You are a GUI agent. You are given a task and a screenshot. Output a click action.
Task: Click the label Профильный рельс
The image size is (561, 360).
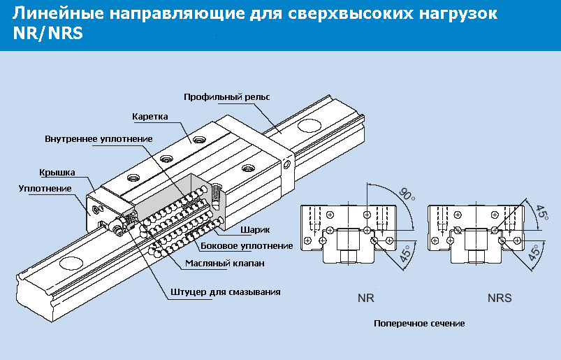226,97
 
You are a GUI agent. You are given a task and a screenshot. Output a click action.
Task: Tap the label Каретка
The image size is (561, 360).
150,116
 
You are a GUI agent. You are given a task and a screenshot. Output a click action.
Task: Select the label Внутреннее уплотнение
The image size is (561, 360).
99,138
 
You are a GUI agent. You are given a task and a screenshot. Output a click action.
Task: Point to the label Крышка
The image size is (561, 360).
57,173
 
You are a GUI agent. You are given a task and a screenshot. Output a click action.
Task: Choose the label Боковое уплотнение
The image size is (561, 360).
246,246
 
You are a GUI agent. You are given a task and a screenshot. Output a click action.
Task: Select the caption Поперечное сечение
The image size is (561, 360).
419,324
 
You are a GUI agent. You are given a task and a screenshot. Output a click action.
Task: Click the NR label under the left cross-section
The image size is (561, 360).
365,298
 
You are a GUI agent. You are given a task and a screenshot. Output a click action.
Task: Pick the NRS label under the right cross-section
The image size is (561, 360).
500,298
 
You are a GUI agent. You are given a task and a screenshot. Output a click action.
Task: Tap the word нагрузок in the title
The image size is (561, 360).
460,14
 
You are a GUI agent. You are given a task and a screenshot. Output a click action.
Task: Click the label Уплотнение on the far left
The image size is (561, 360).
45,189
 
